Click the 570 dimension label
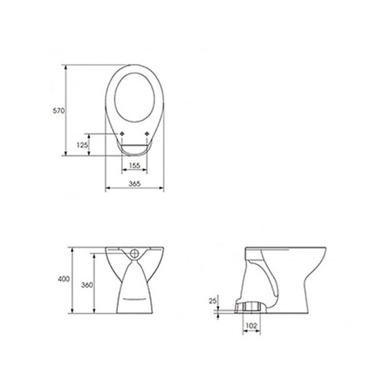tap(59, 111)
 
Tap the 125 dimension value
tap(82, 145)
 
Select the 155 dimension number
tap(135, 165)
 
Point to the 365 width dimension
tap(135, 184)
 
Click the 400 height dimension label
tap(64, 279)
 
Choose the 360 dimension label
tap(87, 285)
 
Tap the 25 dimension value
tap(213, 301)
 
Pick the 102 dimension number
tap(251, 325)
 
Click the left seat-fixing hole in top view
tap(122, 134)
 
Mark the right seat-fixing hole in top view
tap(147, 134)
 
